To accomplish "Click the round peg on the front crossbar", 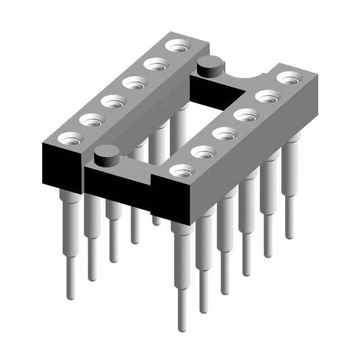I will (105, 155).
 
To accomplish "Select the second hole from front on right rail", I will (203, 152).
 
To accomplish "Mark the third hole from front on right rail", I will (224, 134).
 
